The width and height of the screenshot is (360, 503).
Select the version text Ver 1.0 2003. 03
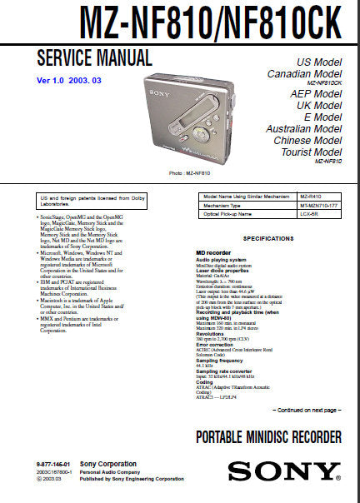click(x=72, y=80)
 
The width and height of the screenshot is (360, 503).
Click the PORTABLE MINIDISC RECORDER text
click(x=268, y=437)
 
